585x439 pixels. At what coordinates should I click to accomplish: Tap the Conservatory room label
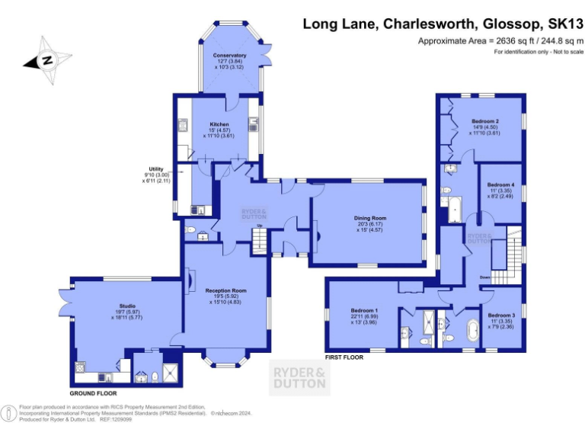point(229,56)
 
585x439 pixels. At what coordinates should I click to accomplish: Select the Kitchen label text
point(219,124)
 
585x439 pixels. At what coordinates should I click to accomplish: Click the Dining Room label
point(370,218)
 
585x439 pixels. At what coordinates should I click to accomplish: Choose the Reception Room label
point(225,290)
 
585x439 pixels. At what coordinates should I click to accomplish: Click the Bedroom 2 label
point(484,121)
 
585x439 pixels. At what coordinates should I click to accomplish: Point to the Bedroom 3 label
point(501,316)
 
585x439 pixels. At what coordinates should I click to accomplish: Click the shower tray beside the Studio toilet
point(172,372)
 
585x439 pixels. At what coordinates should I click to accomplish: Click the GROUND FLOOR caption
point(94,393)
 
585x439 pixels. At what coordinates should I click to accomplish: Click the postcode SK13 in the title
point(560,24)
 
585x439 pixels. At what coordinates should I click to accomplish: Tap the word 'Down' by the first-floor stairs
point(484,277)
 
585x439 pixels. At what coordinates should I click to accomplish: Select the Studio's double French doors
point(63,303)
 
